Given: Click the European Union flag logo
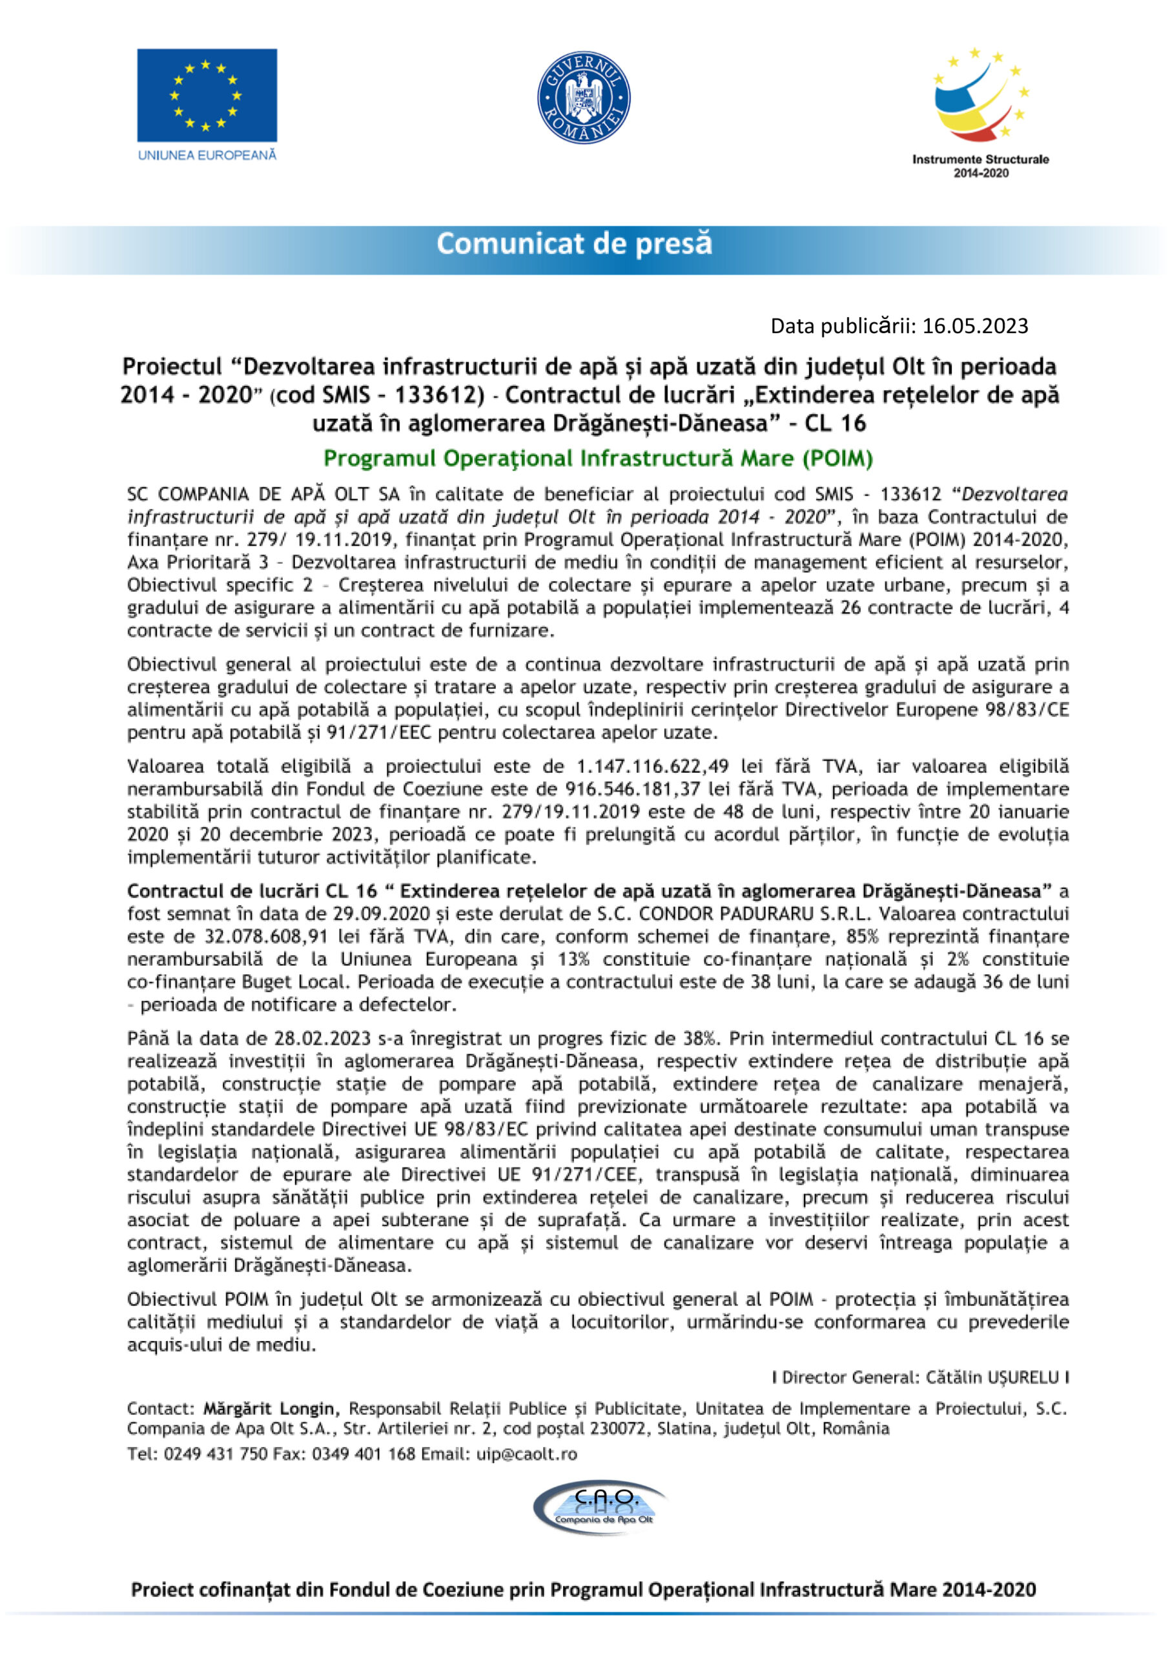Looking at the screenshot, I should [x=207, y=96].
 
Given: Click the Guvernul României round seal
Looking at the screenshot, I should [x=584, y=98].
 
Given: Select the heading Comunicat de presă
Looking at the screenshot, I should [x=574, y=243].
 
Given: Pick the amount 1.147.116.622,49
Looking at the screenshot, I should [x=653, y=766].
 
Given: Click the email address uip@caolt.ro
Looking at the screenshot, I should [x=527, y=1454].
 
